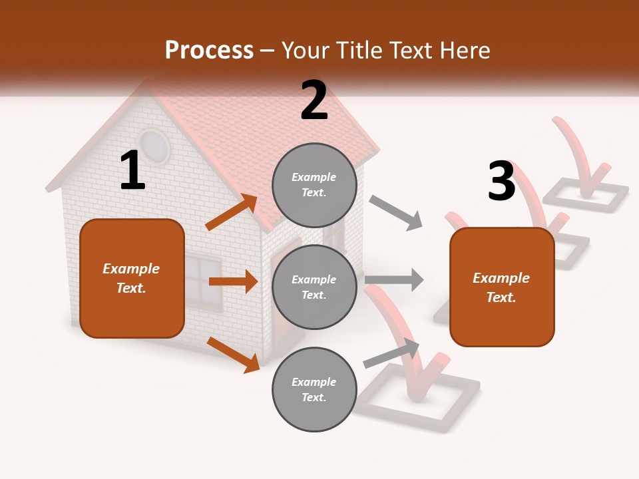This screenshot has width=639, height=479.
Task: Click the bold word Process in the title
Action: point(209,51)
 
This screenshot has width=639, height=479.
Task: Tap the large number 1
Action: point(132,171)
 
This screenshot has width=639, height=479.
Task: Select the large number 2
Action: point(314,100)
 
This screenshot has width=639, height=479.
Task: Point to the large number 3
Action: point(502,181)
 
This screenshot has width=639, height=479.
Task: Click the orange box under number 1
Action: point(132,278)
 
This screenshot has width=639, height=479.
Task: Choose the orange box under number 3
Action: point(502,287)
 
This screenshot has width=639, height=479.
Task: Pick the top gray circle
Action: point(314,185)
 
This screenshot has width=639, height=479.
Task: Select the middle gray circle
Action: point(314,287)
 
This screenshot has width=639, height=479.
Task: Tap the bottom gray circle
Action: point(314,389)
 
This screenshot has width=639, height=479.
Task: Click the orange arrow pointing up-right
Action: point(232,212)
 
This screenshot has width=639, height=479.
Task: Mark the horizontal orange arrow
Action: point(233,281)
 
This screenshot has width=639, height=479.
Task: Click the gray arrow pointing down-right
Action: point(396,213)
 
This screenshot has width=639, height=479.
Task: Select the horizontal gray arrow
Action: point(394,279)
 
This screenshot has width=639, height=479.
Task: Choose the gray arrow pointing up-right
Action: point(391,353)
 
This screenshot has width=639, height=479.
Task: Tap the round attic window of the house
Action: point(154,146)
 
